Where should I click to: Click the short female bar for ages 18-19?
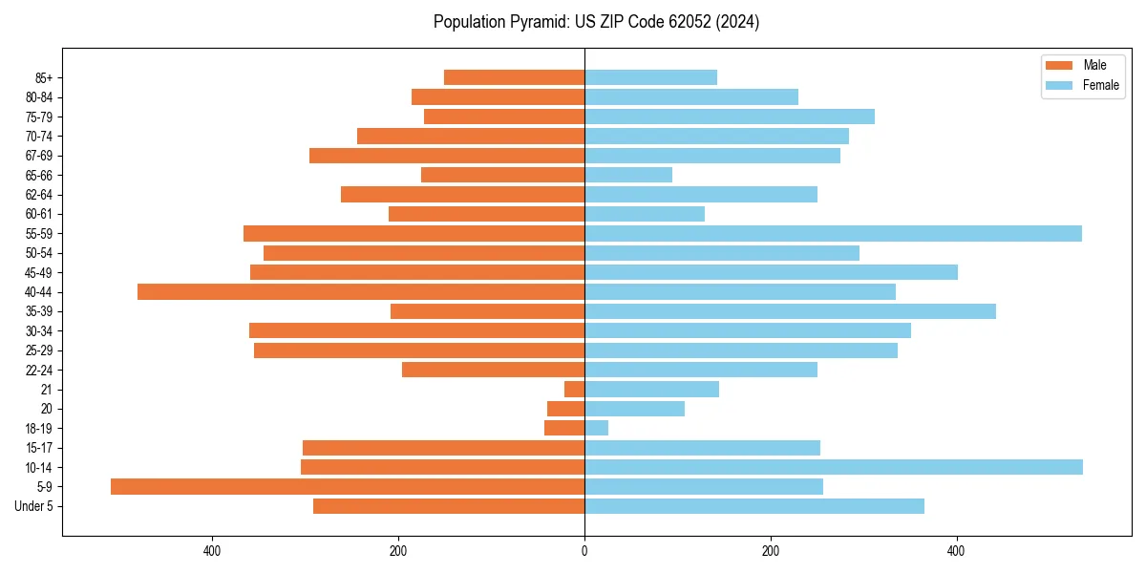click(x=596, y=428)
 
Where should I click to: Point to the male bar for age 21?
click(x=575, y=390)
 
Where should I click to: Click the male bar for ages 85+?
click(x=514, y=77)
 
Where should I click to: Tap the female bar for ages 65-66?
click(x=628, y=175)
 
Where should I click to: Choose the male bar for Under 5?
click(x=449, y=506)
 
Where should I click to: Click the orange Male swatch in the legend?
click(x=1059, y=65)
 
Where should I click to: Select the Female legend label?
click(x=1100, y=85)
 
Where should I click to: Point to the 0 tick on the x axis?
click(x=584, y=551)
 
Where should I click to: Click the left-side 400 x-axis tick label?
click(x=212, y=551)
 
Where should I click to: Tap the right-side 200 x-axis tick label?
click(x=771, y=551)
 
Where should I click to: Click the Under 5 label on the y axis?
click(x=34, y=506)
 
